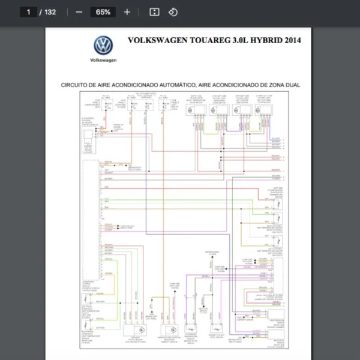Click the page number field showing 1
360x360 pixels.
click(x=28, y=12)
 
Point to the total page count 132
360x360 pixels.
click(x=50, y=12)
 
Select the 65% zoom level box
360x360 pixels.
click(x=103, y=12)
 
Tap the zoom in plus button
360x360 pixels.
click(x=127, y=12)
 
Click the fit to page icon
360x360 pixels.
click(x=154, y=12)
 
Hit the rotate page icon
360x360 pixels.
click(x=173, y=12)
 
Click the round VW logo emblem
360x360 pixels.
click(x=103, y=46)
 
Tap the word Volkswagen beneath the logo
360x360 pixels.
click(x=103, y=60)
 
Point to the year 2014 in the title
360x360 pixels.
click(x=292, y=41)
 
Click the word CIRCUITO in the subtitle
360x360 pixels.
click(x=74, y=85)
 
